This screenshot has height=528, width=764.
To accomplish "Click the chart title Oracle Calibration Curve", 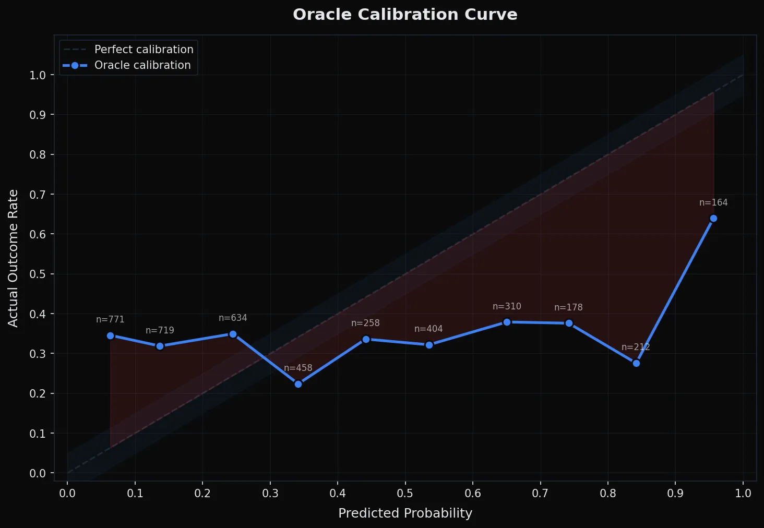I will [405, 15].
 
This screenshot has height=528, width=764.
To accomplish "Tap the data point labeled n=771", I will [110, 335].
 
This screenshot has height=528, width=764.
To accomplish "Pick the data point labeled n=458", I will [298, 384].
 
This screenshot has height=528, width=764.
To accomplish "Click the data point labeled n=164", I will [713, 218].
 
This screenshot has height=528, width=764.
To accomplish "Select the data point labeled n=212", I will [636, 363].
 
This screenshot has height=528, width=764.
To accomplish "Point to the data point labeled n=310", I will [507, 322].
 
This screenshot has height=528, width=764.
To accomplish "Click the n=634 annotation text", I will [233, 318].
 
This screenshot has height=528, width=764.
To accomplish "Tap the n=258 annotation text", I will [365, 323].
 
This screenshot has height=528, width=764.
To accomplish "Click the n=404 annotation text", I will [428, 329].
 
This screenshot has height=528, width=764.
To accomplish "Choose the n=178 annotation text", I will [568, 308].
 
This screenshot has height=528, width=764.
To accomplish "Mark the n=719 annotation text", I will [160, 331].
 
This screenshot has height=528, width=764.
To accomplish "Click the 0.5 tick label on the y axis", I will [38, 274].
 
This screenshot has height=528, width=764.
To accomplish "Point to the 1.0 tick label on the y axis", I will [38, 75].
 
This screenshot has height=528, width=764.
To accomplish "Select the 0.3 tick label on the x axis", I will [270, 494].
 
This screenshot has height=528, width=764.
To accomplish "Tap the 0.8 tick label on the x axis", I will [608, 494].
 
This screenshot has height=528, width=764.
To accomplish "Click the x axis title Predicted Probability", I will [405, 513].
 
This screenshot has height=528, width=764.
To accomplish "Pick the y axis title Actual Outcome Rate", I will [13, 258].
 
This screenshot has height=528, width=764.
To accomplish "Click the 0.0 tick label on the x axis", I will [67, 494].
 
